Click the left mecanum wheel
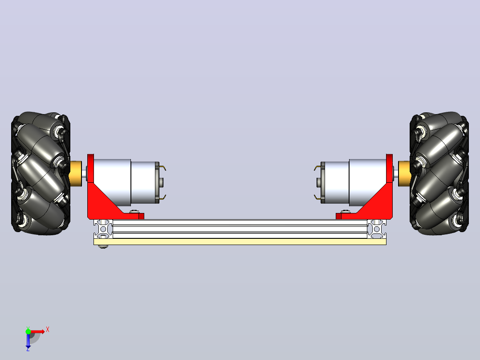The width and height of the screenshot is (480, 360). click(41, 173)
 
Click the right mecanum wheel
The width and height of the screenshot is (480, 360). click(439, 173)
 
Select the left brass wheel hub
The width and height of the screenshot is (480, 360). click(76, 174)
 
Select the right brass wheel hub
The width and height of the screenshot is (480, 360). click(404, 174)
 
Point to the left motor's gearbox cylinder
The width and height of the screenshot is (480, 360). click(112, 183)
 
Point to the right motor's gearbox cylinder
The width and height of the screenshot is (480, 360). click(368, 183)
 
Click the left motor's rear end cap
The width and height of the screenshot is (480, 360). click(157, 183)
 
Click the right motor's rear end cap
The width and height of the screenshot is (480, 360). click(323, 183)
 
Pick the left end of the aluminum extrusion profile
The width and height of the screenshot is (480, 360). click(103, 229)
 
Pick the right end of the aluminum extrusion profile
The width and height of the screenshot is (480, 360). click(377, 229)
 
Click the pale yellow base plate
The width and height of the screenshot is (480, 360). click(240, 242)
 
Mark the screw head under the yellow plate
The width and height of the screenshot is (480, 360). click(103, 246)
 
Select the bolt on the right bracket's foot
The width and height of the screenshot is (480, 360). click(346, 211)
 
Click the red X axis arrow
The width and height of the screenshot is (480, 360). click(38, 331)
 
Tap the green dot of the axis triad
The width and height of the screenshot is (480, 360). click(28, 331)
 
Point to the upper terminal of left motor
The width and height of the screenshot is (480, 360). click(163, 168)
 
